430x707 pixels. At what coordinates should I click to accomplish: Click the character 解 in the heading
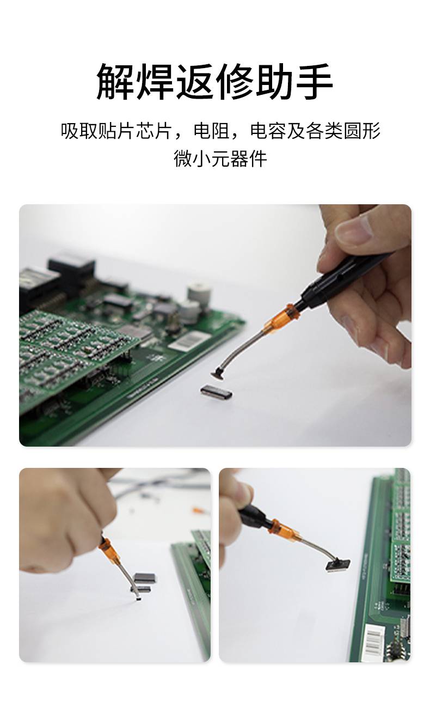pyautogui.click(x=116, y=81)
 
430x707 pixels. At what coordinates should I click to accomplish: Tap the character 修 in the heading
pyautogui.click(x=235, y=81)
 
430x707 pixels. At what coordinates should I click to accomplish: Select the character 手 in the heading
pyautogui.click(x=315, y=81)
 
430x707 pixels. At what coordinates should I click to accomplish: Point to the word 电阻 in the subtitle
pyautogui.click(x=212, y=131)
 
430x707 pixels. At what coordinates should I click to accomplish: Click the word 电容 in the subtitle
pyautogui.click(x=268, y=131)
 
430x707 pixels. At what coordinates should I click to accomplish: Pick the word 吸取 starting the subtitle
pyautogui.click(x=79, y=131)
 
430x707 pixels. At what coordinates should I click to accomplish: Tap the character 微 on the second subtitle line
pyautogui.click(x=183, y=159)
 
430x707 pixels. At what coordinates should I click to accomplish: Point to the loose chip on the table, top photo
pyautogui.click(x=217, y=392)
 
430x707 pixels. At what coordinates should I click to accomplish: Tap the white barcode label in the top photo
pyautogui.click(x=189, y=341)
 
